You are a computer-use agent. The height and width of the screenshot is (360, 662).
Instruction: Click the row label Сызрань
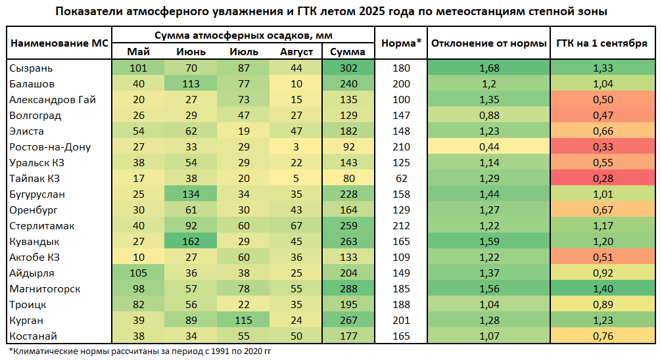(32, 68)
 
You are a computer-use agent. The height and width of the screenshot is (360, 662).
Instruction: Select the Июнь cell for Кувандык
(191, 242)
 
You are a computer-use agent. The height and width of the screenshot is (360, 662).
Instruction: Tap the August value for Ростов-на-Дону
(296, 147)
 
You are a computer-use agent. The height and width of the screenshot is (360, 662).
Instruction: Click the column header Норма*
(401, 43)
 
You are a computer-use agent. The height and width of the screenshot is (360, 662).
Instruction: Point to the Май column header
(138, 52)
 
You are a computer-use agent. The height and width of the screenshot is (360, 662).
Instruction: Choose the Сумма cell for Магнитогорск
(348, 289)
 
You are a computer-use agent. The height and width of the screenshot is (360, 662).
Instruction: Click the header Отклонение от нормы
(488, 43)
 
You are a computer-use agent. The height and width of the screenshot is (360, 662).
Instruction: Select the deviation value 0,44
(488, 147)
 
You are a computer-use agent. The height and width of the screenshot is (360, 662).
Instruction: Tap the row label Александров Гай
(53, 100)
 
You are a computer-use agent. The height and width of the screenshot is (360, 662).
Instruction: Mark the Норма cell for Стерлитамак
(401, 226)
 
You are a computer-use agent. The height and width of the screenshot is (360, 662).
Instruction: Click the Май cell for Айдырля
(138, 273)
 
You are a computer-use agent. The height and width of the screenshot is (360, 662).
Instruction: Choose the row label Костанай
(34, 336)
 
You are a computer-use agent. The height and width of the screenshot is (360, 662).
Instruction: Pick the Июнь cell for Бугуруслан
(191, 194)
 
